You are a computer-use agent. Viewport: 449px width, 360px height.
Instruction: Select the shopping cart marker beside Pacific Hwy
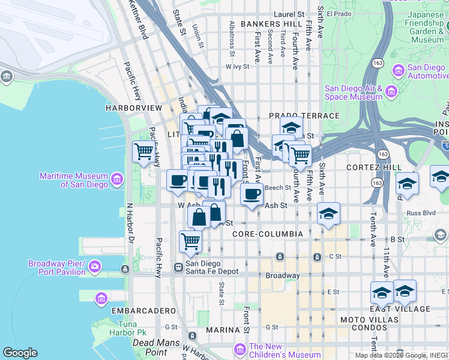143,152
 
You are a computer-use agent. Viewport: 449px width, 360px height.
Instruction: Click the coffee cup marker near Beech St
252,194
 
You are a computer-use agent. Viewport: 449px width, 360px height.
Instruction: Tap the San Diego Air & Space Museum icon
391,92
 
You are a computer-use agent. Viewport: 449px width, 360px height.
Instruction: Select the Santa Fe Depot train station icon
178,267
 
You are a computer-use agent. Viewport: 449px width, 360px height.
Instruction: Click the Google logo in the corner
20,353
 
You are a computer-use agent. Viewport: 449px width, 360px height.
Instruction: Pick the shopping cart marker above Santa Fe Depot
190,241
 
